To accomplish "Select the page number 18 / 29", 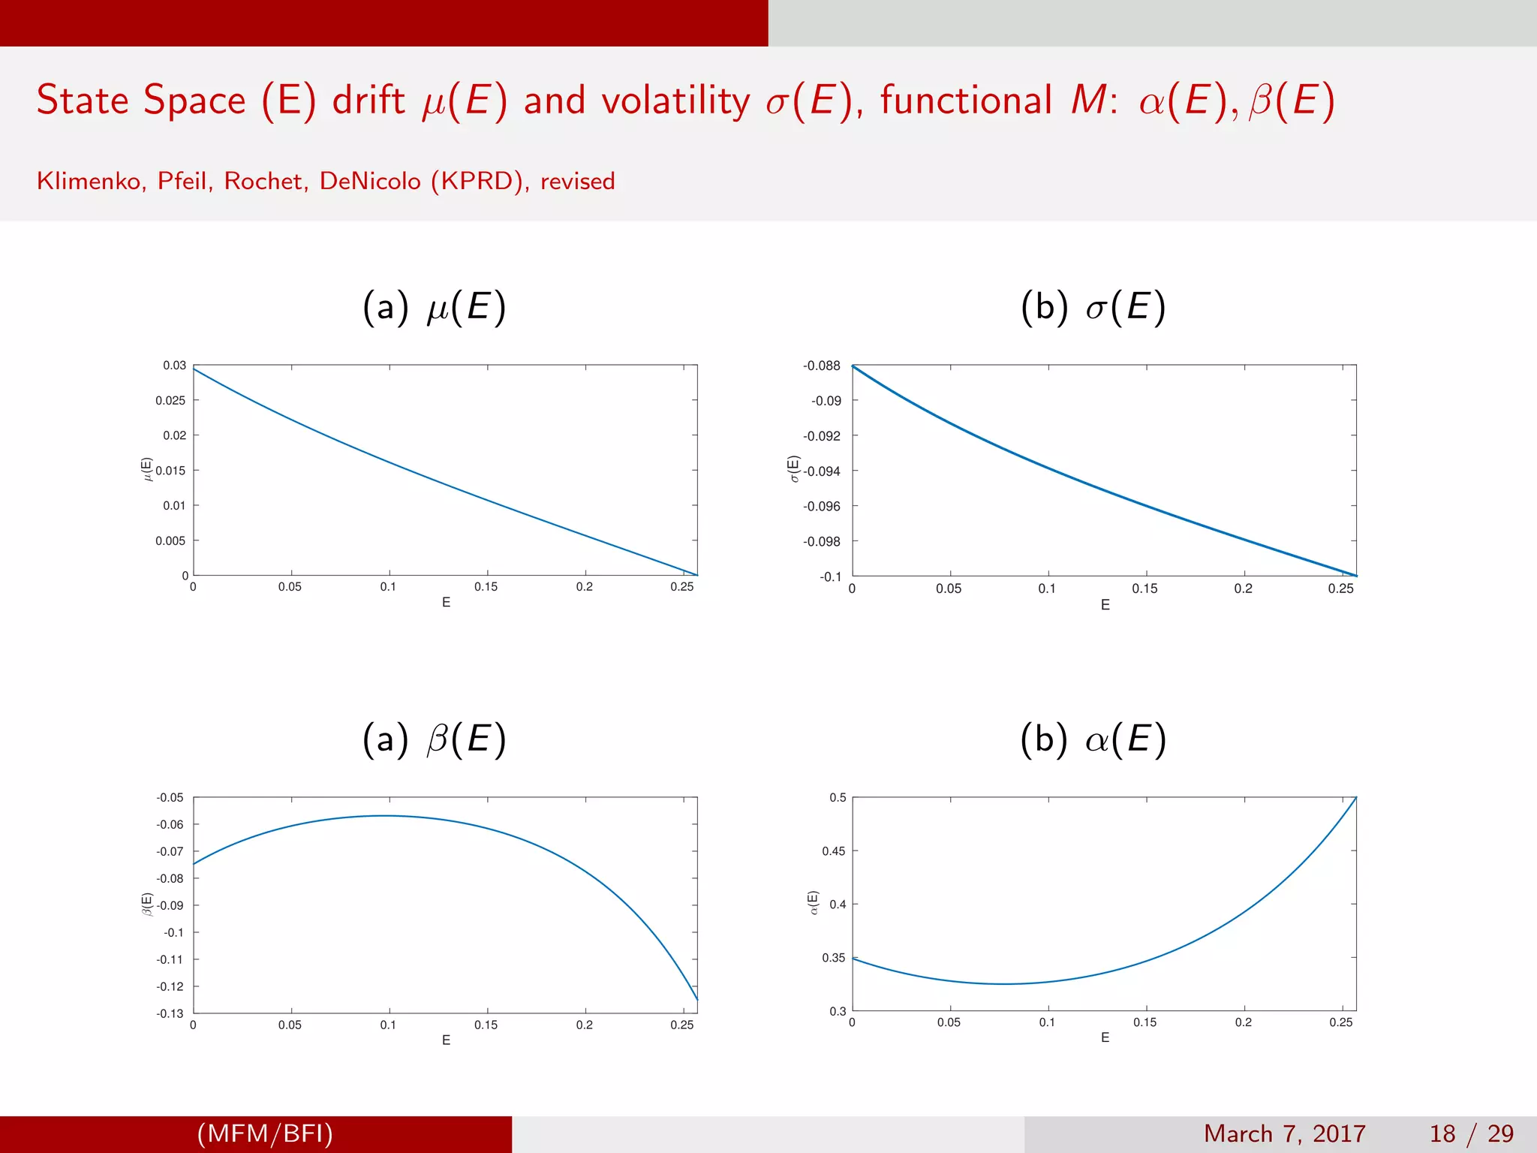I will pos(1472,1133).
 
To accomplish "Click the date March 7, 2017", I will pos(1284,1133).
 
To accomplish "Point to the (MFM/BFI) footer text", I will pos(265,1133).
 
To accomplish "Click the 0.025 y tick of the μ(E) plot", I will pos(170,401).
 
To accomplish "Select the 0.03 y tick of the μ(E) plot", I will pos(174,366).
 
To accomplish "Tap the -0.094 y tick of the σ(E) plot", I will pos(822,471).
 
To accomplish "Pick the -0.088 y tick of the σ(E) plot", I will pos(822,366).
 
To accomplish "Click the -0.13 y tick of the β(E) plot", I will pos(170,1013).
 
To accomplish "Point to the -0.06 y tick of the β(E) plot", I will pos(170,825).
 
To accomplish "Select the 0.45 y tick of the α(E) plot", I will pos(833,851).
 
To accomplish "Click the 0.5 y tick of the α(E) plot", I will pos(838,798).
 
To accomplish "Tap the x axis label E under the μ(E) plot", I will pos(446,603).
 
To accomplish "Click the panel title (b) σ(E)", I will pos(1093,307).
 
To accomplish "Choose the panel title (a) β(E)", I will pos(435,739).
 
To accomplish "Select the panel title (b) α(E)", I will pos(1093,739).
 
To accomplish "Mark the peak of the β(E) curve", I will pos(385,816).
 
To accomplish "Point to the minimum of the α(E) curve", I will pos(1004,984).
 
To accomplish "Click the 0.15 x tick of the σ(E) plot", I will pos(1144,589).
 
